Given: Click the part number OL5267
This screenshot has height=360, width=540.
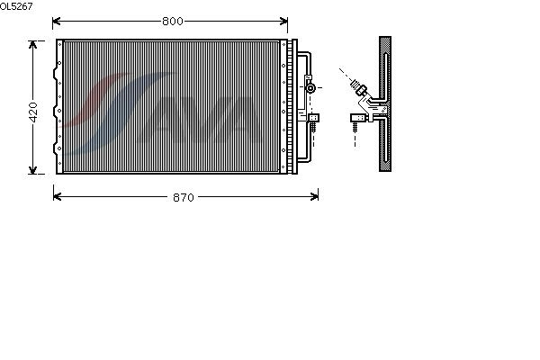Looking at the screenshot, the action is coord(16,6).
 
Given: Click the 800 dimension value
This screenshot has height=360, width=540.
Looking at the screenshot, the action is coord(173,22).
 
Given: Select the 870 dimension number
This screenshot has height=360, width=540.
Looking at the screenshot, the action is coord(184,197).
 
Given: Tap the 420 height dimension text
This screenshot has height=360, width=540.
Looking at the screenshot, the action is coord(33,112).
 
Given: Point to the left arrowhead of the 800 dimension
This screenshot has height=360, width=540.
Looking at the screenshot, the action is coord(57,22).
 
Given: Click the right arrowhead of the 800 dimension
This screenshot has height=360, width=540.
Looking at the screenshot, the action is coord(283,22).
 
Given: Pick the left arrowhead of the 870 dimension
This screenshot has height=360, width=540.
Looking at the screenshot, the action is coord(58,197).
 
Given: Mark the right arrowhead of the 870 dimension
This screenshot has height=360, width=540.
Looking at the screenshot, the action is coord(314,197).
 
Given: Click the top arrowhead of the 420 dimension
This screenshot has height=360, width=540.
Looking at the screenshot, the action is coord(32,45).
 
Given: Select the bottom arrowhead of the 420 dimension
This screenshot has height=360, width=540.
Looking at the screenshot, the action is coord(32,169).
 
